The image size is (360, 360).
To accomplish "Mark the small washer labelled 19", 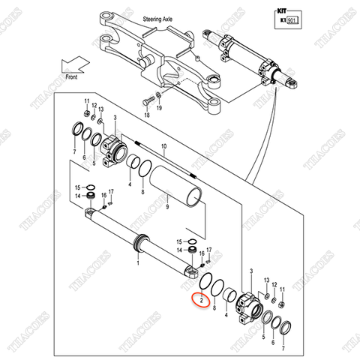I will click(x=158, y=97).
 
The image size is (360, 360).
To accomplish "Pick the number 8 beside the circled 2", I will click(x=216, y=306).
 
